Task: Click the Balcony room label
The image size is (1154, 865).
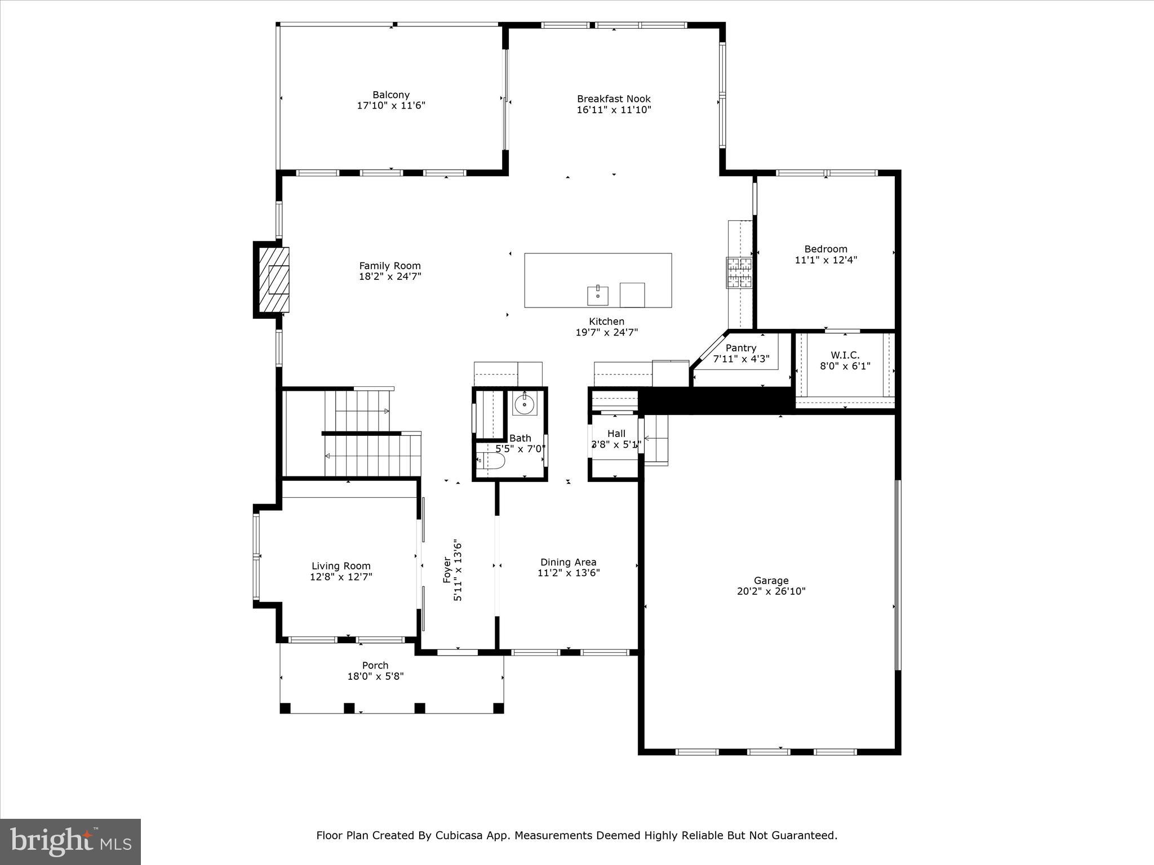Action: tap(390, 95)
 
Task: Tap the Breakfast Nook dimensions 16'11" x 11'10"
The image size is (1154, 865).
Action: tap(614, 110)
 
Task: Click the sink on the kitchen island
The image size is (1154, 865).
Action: tap(597, 294)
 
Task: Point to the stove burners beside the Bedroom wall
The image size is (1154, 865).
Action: tap(739, 272)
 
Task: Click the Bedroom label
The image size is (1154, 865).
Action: tap(825, 249)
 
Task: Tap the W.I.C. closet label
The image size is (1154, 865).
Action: tap(845, 355)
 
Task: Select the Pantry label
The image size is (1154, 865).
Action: tap(740, 348)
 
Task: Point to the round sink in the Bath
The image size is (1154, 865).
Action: tap(525, 403)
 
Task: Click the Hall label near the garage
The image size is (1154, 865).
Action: tap(616, 434)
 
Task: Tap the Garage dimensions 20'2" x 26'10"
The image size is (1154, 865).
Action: tap(771, 591)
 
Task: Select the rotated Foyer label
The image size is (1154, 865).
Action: tap(447, 570)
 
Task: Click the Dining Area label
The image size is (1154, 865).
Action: tap(568, 562)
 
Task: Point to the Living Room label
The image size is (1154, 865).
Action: tap(341, 566)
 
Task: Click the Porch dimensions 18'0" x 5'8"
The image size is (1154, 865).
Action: tap(375, 676)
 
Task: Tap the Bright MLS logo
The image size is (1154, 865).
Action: tap(70, 841)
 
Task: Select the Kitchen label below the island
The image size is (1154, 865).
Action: tap(606, 322)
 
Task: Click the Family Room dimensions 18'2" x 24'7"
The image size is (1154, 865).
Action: tap(390, 277)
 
